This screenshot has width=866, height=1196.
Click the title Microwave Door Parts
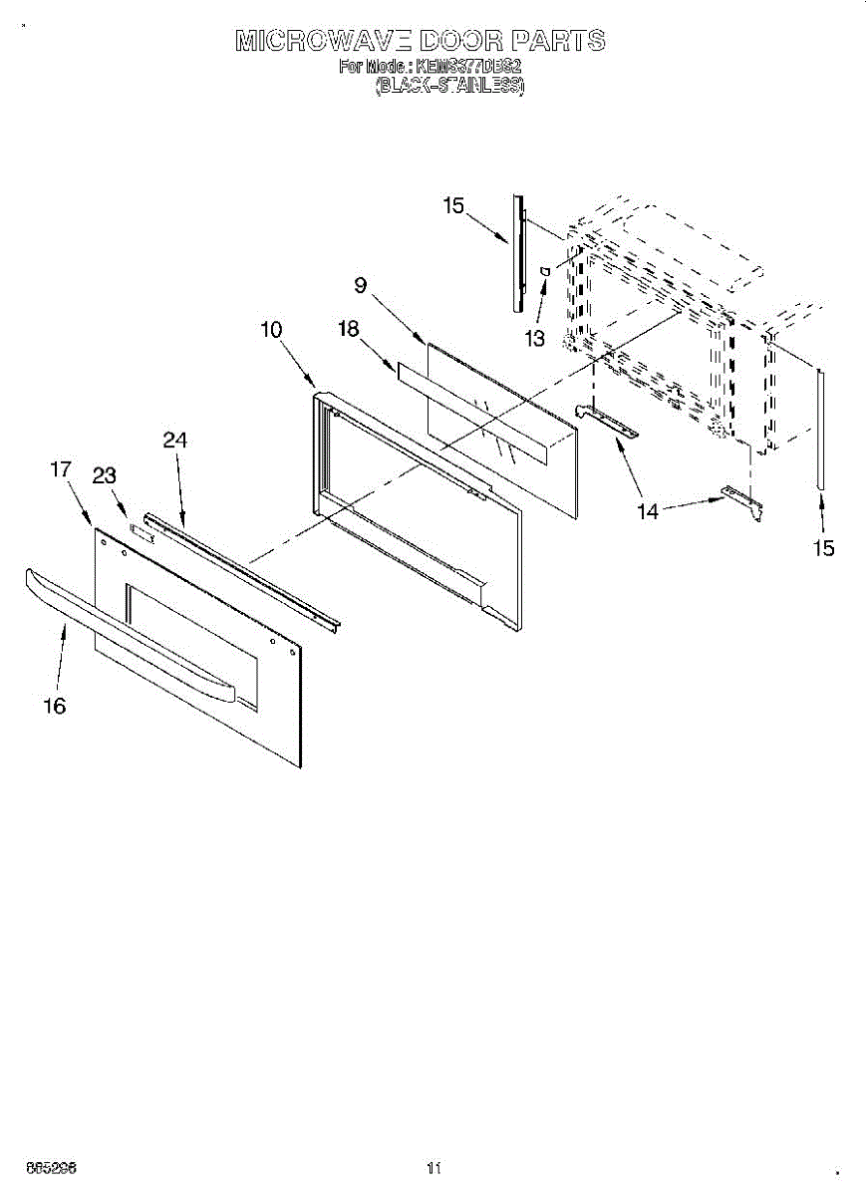[420, 41]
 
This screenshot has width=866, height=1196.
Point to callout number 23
[105, 476]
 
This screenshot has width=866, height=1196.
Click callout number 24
[175, 441]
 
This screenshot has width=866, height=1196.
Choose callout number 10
[272, 330]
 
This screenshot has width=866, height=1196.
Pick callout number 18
[348, 330]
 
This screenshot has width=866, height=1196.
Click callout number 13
[535, 339]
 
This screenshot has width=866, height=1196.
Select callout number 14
[648, 511]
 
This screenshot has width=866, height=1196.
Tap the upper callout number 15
[453, 206]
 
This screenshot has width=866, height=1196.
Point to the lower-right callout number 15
[823, 547]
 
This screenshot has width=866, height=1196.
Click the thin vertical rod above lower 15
[820, 429]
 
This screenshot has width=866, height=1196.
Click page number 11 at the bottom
[433, 1168]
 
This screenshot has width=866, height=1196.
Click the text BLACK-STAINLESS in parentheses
[448, 87]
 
